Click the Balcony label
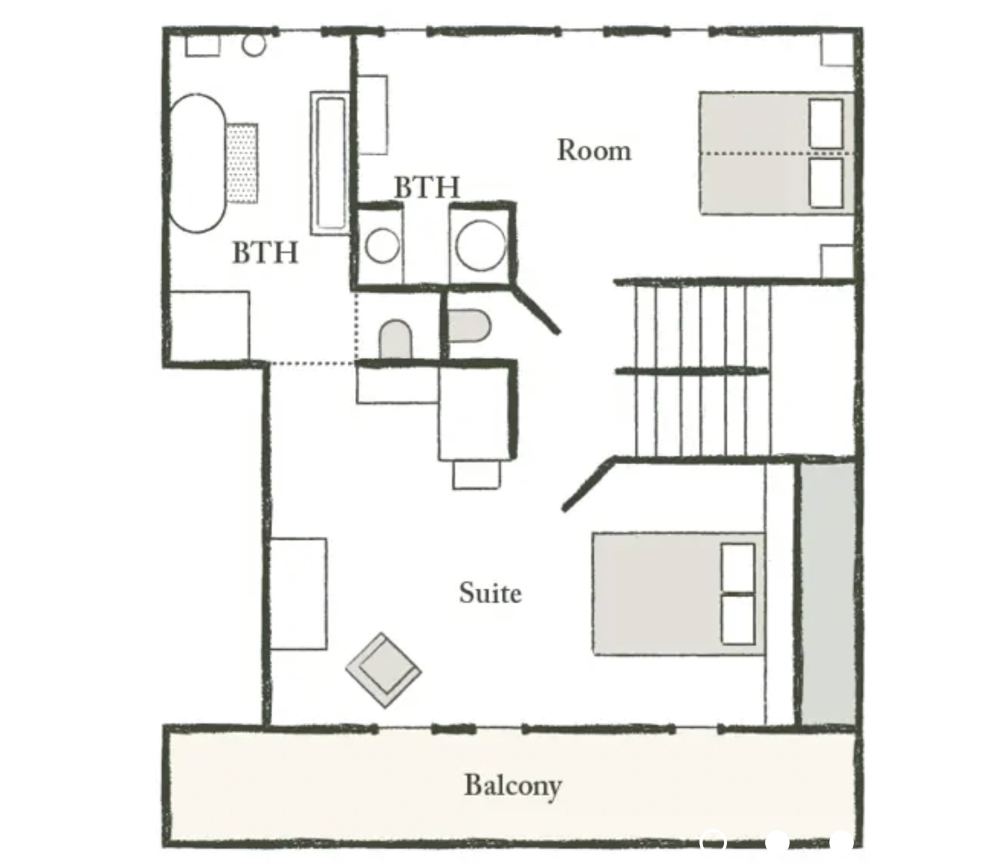pyautogui.click(x=513, y=785)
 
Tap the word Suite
pyautogui.click(x=491, y=593)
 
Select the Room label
pyautogui.click(x=594, y=150)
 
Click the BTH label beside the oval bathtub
pyautogui.click(x=265, y=252)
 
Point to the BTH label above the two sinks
pyautogui.click(x=427, y=187)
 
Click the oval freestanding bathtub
pyautogui.click(x=197, y=163)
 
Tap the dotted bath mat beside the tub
pyautogui.click(x=242, y=163)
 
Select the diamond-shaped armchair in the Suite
pyautogui.click(x=383, y=670)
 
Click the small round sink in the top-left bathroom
pyautogui.click(x=254, y=45)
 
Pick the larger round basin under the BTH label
pyautogui.click(x=481, y=245)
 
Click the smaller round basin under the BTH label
pyautogui.click(x=383, y=245)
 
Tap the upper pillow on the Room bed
pyautogui.click(x=826, y=124)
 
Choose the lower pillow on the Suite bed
pyautogui.click(x=739, y=619)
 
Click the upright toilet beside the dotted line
pyautogui.click(x=396, y=339)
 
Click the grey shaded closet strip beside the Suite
pyautogui.click(x=827, y=593)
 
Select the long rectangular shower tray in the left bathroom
pyautogui.click(x=331, y=163)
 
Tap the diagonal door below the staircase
pyautogui.click(x=589, y=484)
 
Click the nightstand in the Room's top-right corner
pyautogui.click(x=837, y=50)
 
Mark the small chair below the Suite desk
pyautogui.click(x=476, y=474)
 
